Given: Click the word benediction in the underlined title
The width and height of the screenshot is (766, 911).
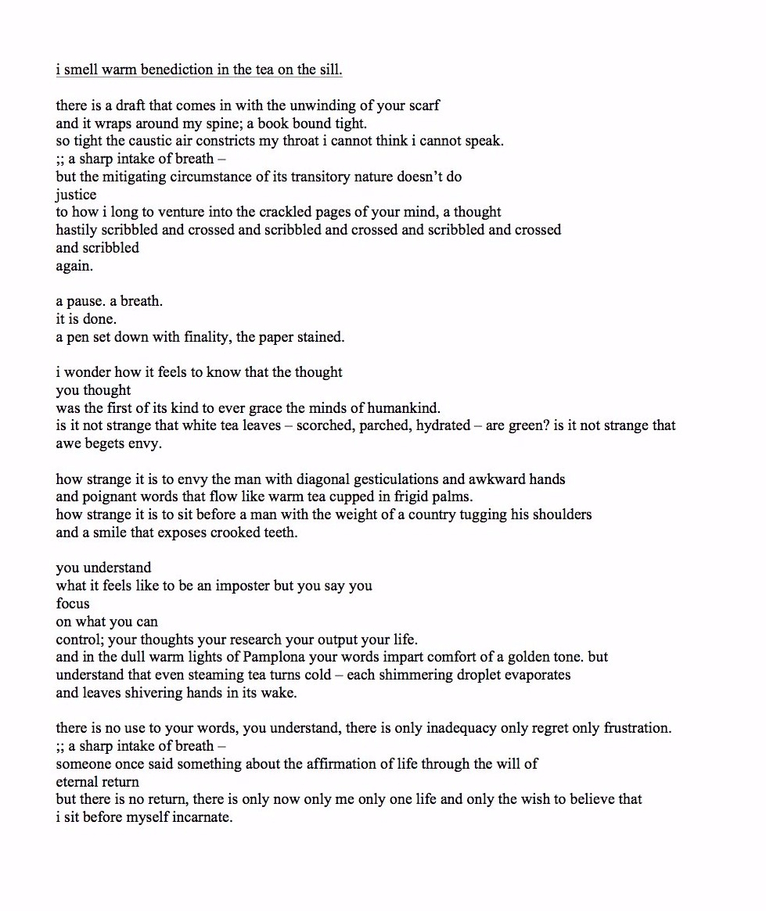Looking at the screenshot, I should [177, 70].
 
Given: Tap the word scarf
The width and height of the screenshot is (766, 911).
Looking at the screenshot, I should [423, 106].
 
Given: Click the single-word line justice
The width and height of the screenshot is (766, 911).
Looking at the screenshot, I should [76, 195].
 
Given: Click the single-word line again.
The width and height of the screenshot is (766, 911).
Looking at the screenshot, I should [74, 266].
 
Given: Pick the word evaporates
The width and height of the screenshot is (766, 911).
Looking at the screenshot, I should [537, 675].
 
